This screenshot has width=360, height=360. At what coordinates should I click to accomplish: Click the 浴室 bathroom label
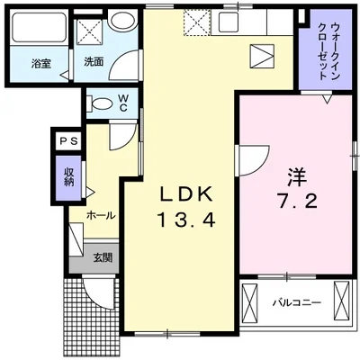click(40, 64)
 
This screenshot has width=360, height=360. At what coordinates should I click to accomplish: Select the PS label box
click(67, 140)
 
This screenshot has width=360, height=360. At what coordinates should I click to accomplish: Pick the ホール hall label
click(100, 216)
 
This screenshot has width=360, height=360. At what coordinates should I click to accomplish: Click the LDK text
click(187, 194)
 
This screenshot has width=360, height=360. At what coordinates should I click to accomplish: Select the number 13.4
click(187, 219)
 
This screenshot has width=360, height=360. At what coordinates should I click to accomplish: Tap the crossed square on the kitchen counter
click(196, 21)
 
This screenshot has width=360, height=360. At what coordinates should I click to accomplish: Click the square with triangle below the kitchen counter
click(262, 56)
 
